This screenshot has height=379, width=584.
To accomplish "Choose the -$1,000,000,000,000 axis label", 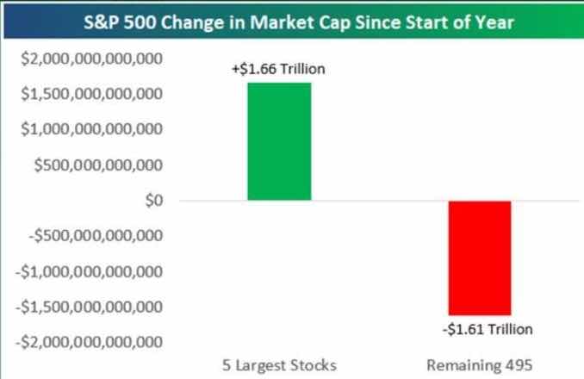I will click(x=90, y=271).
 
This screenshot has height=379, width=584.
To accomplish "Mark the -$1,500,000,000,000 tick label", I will click(x=90, y=307).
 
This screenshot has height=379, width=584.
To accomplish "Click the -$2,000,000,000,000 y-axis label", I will click(x=90, y=342).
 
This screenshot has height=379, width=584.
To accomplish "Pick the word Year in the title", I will click(x=494, y=22).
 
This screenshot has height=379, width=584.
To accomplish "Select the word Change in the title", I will click(x=195, y=22).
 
